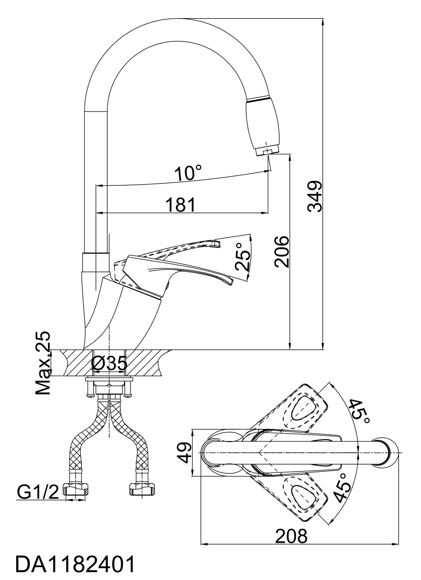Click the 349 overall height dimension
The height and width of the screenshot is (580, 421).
(x=315, y=196)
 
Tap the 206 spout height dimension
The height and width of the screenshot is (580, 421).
(x=281, y=251)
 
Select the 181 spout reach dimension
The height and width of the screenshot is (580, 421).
(x=180, y=205)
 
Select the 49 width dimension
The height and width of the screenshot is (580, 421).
(x=186, y=453)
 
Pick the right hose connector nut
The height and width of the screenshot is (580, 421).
(x=142, y=489)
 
